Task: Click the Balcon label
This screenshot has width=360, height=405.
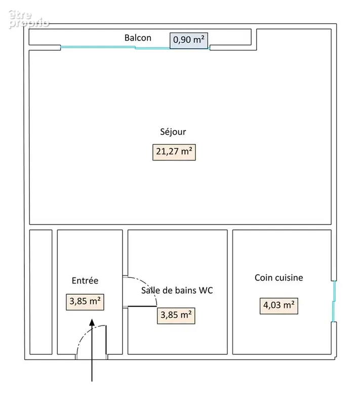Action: [138, 38]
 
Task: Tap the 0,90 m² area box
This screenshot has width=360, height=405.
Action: [189, 40]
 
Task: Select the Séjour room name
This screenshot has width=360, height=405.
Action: [173, 132]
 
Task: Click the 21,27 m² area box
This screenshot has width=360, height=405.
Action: [174, 152]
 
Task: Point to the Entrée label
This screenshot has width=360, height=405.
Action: [85, 280]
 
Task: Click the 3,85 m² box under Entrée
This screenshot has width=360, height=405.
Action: [85, 302]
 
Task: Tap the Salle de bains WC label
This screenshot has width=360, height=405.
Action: [177, 290]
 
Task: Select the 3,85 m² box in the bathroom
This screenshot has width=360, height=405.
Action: [176, 315]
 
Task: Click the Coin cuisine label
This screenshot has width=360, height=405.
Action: [279, 277]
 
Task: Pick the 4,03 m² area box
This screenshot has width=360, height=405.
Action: [279, 306]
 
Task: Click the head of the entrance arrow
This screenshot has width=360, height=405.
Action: [92, 322]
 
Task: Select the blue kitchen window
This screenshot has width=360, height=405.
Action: [334, 301]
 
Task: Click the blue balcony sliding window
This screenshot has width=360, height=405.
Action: [135, 48]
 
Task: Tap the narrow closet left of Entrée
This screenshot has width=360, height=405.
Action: [41, 292]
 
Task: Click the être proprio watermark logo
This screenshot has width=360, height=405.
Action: [28, 19]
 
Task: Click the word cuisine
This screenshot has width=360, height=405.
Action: [289, 277]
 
